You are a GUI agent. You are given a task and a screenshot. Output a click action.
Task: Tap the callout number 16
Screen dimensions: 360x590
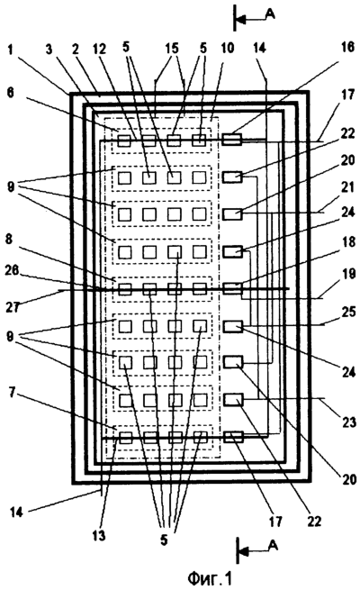pyautogui.click(x=347, y=47)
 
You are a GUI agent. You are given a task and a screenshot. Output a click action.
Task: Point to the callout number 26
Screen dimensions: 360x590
pyautogui.click(x=11, y=270)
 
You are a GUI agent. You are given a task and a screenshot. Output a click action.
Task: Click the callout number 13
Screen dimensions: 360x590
pyautogui.click(x=99, y=536)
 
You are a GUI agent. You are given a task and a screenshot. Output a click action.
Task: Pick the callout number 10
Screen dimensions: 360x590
pyautogui.click(x=228, y=48)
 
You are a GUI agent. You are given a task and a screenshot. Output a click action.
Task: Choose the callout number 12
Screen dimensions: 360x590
pyautogui.click(x=100, y=48)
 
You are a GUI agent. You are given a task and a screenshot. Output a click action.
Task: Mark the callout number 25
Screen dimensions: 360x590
pyautogui.click(x=348, y=312)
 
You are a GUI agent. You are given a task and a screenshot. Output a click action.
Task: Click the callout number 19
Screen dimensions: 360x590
pyautogui.click(x=348, y=274)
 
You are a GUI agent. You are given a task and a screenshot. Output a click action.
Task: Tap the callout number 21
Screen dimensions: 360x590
pyautogui.click(x=348, y=187)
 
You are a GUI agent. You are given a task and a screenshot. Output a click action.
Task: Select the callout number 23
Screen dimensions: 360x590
pyautogui.click(x=349, y=422)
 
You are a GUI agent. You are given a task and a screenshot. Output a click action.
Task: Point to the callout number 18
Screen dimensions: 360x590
pyautogui.click(x=349, y=241)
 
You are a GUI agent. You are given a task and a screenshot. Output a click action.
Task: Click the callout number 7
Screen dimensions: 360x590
pyautogui.click(x=13, y=394)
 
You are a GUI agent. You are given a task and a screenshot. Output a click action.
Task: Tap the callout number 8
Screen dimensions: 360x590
pyautogui.click(x=9, y=239)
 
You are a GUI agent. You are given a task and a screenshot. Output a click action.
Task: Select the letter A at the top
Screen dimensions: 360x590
pyautogui.click(x=270, y=14)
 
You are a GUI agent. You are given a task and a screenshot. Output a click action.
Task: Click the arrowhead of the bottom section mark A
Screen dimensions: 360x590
pyautogui.click(x=244, y=552)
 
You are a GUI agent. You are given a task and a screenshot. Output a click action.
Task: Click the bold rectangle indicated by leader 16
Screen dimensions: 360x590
pyautogui.click(x=232, y=140)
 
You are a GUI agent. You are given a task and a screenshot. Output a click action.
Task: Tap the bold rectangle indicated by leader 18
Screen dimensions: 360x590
pyautogui.click(x=232, y=288)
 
